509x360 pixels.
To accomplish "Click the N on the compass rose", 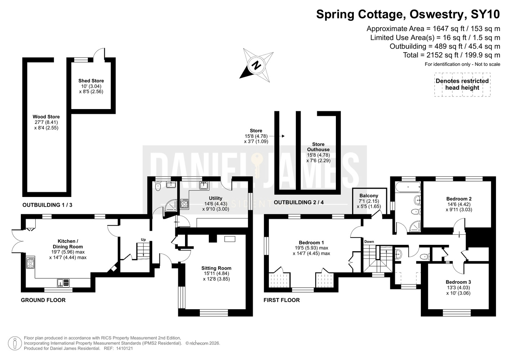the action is click(257, 66).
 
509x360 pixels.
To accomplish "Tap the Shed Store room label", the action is click(91, 81).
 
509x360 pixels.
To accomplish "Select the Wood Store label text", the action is click(46, 117).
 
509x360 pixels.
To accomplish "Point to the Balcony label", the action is click(369, 195).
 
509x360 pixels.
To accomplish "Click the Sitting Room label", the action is click(216, 268).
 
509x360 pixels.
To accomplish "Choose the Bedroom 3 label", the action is click(458, 282).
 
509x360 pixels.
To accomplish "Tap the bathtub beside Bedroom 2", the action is click(408, 187).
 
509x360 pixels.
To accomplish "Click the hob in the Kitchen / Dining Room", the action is click(31, 263).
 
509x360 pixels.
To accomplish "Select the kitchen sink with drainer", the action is click(63, 283).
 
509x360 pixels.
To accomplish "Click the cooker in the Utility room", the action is click(184, 204).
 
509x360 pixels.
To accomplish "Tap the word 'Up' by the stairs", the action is click(143, 239).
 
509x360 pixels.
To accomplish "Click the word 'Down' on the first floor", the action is click(369, 242).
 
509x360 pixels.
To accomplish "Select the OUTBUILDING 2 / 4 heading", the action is click(298, 202).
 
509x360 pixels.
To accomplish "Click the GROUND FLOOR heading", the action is click(43, 300).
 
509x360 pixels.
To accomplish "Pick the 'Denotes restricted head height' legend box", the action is click(463, 85).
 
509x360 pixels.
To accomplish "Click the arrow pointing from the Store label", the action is click(277, 136).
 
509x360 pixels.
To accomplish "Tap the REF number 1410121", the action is click(124, 348).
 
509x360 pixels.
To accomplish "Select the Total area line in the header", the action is click(451, 55).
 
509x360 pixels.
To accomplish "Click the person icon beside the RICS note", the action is click(15, 343).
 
